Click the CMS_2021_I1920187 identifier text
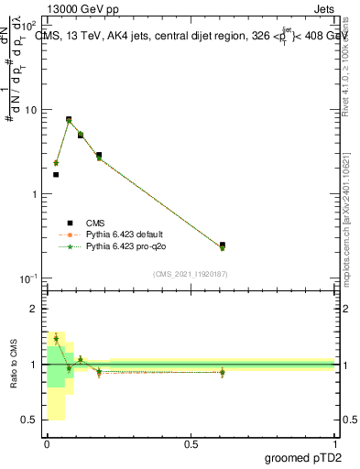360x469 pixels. pos(190,274)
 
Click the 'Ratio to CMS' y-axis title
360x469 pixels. pos(14,364)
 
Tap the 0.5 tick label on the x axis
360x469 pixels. pos(191,442)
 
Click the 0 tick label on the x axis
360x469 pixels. pos(47,442)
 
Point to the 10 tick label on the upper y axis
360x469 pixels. pos(30,110)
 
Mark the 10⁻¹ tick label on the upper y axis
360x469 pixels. pos(28,278)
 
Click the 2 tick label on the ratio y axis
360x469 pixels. pos(34,310)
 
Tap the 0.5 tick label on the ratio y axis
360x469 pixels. pos(30,420)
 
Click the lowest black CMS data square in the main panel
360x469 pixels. pos(223,245)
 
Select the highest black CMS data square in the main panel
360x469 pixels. pos(69,119)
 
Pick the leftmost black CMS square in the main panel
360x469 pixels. pos(56,174)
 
